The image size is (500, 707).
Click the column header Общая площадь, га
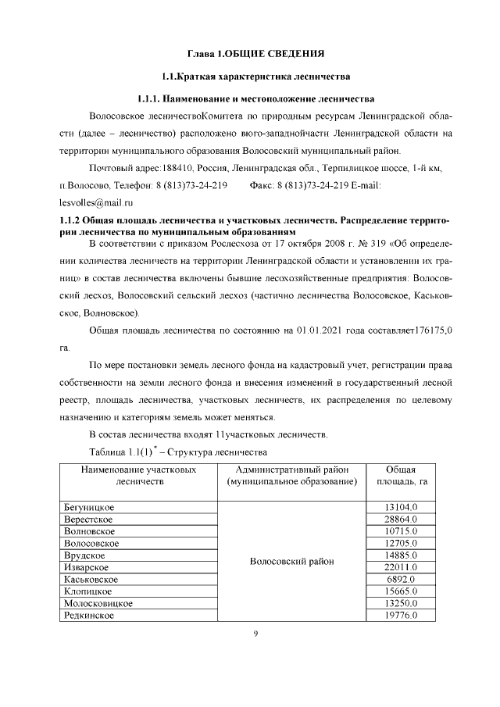pyautogui.click(x=404, y=476)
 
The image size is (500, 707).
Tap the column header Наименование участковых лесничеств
pyautogui.click(x=140, y=476)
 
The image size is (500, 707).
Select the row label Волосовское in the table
pyautogui.click(x=91, y=543)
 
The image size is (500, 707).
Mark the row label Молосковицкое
pyautogui.click(x=98, y=603)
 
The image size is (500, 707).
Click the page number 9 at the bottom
pyautogui.click(x=255, y=634)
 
